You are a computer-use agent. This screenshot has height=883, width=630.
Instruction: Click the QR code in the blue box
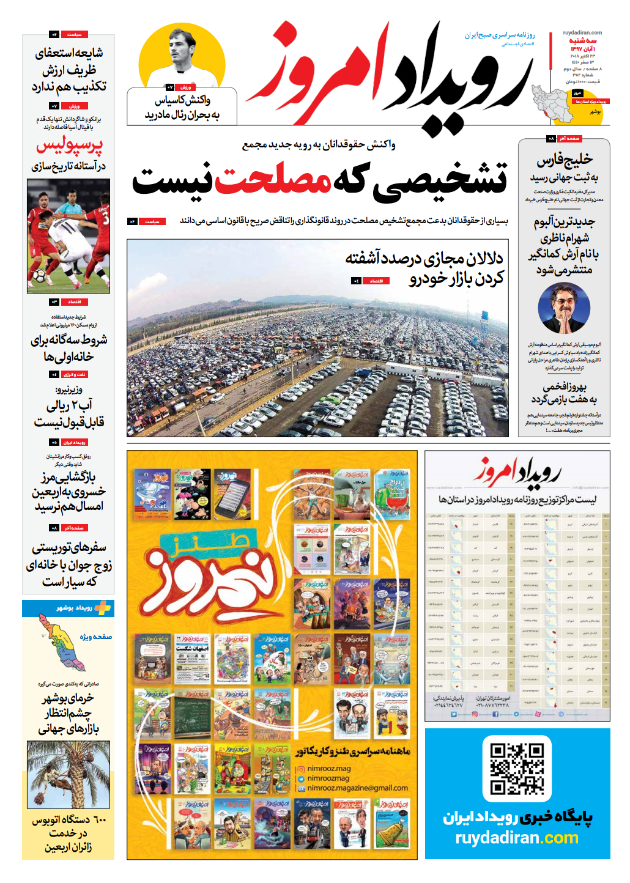pyautogui.click(x=517, y=769)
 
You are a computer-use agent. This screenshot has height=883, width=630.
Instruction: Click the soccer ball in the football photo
pyautogui.click(x=39, y=276)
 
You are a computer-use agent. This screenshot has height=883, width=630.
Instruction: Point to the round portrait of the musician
pyautogui.click(x=564, y=308)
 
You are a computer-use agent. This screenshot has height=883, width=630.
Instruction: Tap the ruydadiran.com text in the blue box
pyautogui.click(x=517, y=838)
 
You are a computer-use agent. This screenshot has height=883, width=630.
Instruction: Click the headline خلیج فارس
pyautogui.click(x=564, y=160)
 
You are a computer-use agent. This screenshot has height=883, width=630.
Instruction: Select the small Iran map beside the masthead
pyautogui.click(x=552, y=102)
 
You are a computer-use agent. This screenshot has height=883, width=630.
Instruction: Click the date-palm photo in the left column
pyautogui.click(x=69, y=774)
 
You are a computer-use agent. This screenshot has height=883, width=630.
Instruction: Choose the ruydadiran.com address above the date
pyautogui.click(x=582, y=33)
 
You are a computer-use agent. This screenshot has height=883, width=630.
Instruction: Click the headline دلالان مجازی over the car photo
pyautogui.click(x=424, y=259)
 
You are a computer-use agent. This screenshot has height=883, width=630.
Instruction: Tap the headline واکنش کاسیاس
pyautogui.click(x=182, y=100)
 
